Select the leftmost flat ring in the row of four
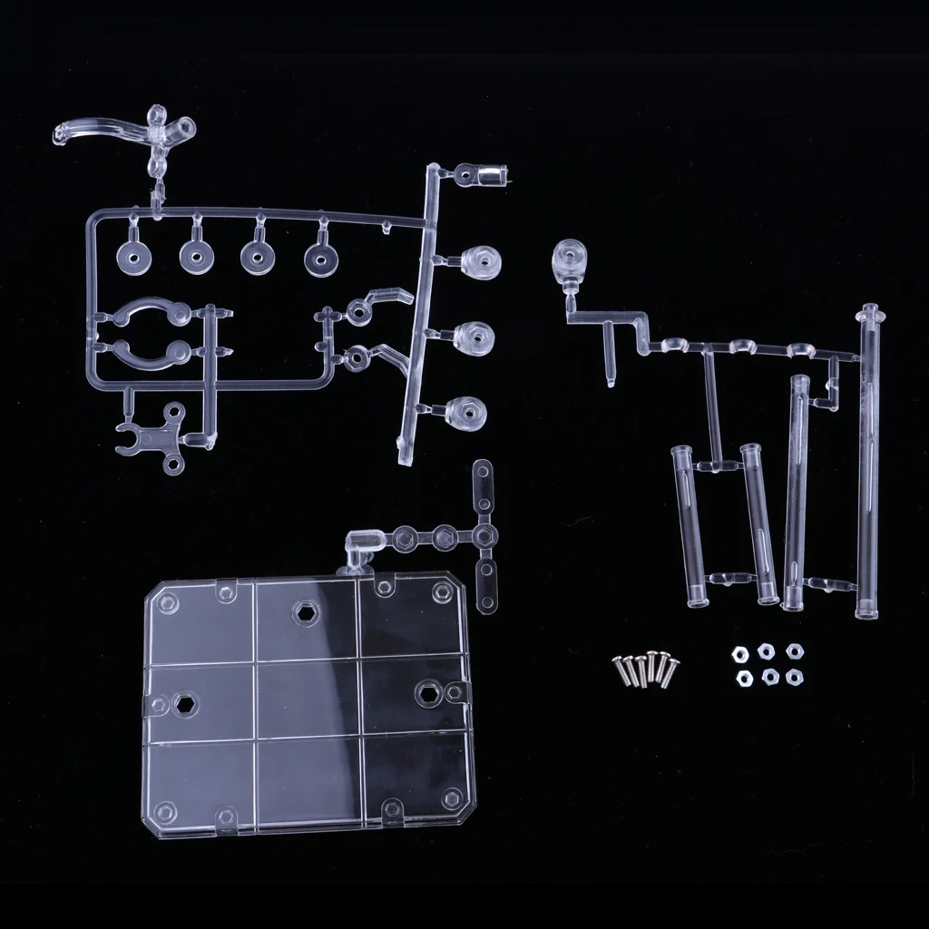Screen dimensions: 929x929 135,259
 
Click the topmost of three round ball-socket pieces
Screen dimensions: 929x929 480,262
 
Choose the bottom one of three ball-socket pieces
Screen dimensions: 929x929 466,414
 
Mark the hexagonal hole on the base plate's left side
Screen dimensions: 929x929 185,703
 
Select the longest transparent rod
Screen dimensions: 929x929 869,463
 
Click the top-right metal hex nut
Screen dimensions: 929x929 795,650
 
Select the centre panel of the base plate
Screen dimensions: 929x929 308,699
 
